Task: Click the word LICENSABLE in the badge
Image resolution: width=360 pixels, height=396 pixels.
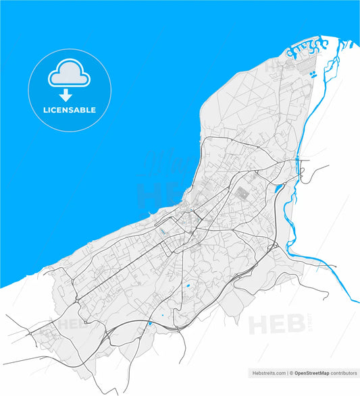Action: [x=70, y=110]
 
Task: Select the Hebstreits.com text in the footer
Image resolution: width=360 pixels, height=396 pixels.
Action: [x=267, y=372]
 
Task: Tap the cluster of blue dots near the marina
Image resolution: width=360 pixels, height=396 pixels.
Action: [x=313, y=75]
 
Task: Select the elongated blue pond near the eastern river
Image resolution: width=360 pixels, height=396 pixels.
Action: [x=278, y=188]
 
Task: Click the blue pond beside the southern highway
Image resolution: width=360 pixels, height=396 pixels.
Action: [x=149, y=324]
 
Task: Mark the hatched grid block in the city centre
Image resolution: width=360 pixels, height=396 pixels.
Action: [x=242, y=192]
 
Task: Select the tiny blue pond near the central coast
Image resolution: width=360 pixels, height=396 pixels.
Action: [x=162, y=231]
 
